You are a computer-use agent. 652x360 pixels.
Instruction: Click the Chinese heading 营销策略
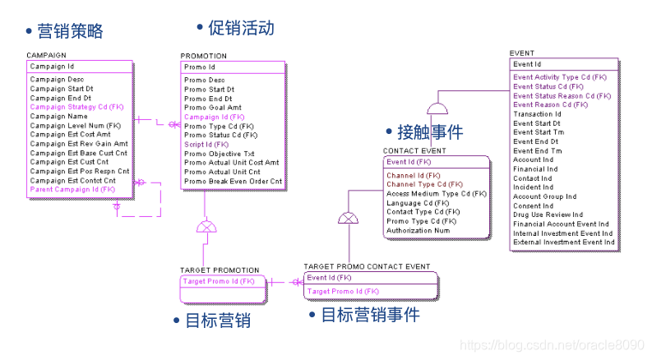point(70,32)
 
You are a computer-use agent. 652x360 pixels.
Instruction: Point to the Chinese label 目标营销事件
point(370,315)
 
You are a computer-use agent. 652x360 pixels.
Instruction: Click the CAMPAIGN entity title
point(47,56)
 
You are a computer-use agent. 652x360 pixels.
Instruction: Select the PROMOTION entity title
point(204,56)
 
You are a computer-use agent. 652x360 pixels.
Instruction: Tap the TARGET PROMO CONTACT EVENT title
point(367,267)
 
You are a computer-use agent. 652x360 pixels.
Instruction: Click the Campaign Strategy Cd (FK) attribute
point(76,107)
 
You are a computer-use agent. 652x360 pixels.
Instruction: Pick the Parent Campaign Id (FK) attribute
point(72,189)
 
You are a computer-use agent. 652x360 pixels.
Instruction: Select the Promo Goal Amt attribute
point(213,108)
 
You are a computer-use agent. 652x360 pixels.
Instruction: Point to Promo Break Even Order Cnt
point(233,181)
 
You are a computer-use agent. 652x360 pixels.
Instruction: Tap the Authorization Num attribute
point(418,230)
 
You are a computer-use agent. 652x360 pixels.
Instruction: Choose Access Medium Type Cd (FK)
point(437,194)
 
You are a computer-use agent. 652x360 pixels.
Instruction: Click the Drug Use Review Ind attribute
point(548,215)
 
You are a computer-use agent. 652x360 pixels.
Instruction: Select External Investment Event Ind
point(563,242)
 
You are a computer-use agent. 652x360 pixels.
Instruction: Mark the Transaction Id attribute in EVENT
point(537,114)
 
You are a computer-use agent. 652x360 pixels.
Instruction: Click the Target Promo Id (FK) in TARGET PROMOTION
point(219,281)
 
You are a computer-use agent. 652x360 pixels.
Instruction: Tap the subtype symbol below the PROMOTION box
point(206,226)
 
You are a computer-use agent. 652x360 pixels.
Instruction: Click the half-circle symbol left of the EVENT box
point(437,108)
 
